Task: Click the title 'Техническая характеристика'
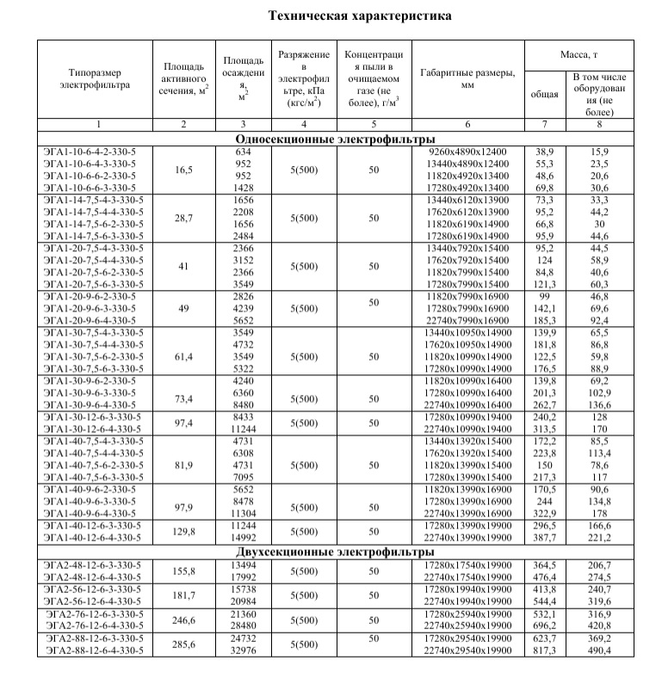coord(359,15)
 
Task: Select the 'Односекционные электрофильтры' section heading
coord(334,139)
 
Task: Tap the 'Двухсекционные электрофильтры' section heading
coord(334,552)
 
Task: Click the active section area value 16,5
coord(183,170)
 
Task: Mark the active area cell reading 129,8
coord(183,532)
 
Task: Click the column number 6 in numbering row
coord(467,126)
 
